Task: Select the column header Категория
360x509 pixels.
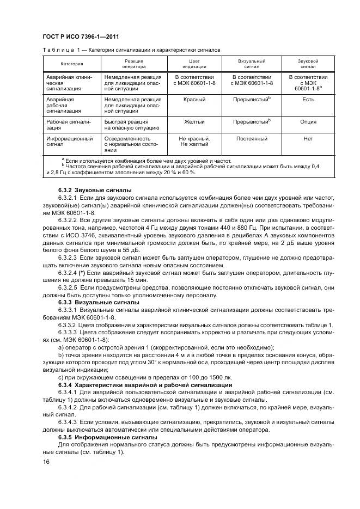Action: [x=71, y=64]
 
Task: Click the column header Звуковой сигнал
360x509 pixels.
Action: [x=308, y=64]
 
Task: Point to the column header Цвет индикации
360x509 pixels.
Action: [x=194, y=64]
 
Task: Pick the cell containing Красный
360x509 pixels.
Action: [x=194, y=100]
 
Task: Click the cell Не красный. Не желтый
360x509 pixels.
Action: [x=194, y=142]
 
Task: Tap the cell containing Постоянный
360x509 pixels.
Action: [x=251, y=139]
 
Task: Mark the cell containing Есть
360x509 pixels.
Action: [x=308, y=100]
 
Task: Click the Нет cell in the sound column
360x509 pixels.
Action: [x=308, y=139]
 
